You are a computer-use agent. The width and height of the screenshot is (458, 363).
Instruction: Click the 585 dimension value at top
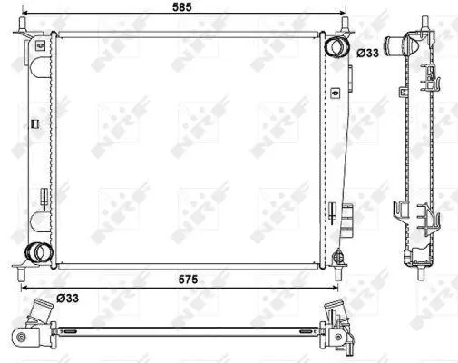[182, 6]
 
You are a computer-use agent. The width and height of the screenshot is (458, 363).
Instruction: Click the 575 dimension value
[188, 280]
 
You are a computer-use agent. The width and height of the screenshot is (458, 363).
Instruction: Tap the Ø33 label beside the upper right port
[367, 53]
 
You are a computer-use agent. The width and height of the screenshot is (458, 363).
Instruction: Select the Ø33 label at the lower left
[68, 299]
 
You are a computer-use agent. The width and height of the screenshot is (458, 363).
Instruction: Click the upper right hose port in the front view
[335, 46]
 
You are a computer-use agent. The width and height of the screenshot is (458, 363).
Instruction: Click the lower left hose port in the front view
[38, 252]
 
